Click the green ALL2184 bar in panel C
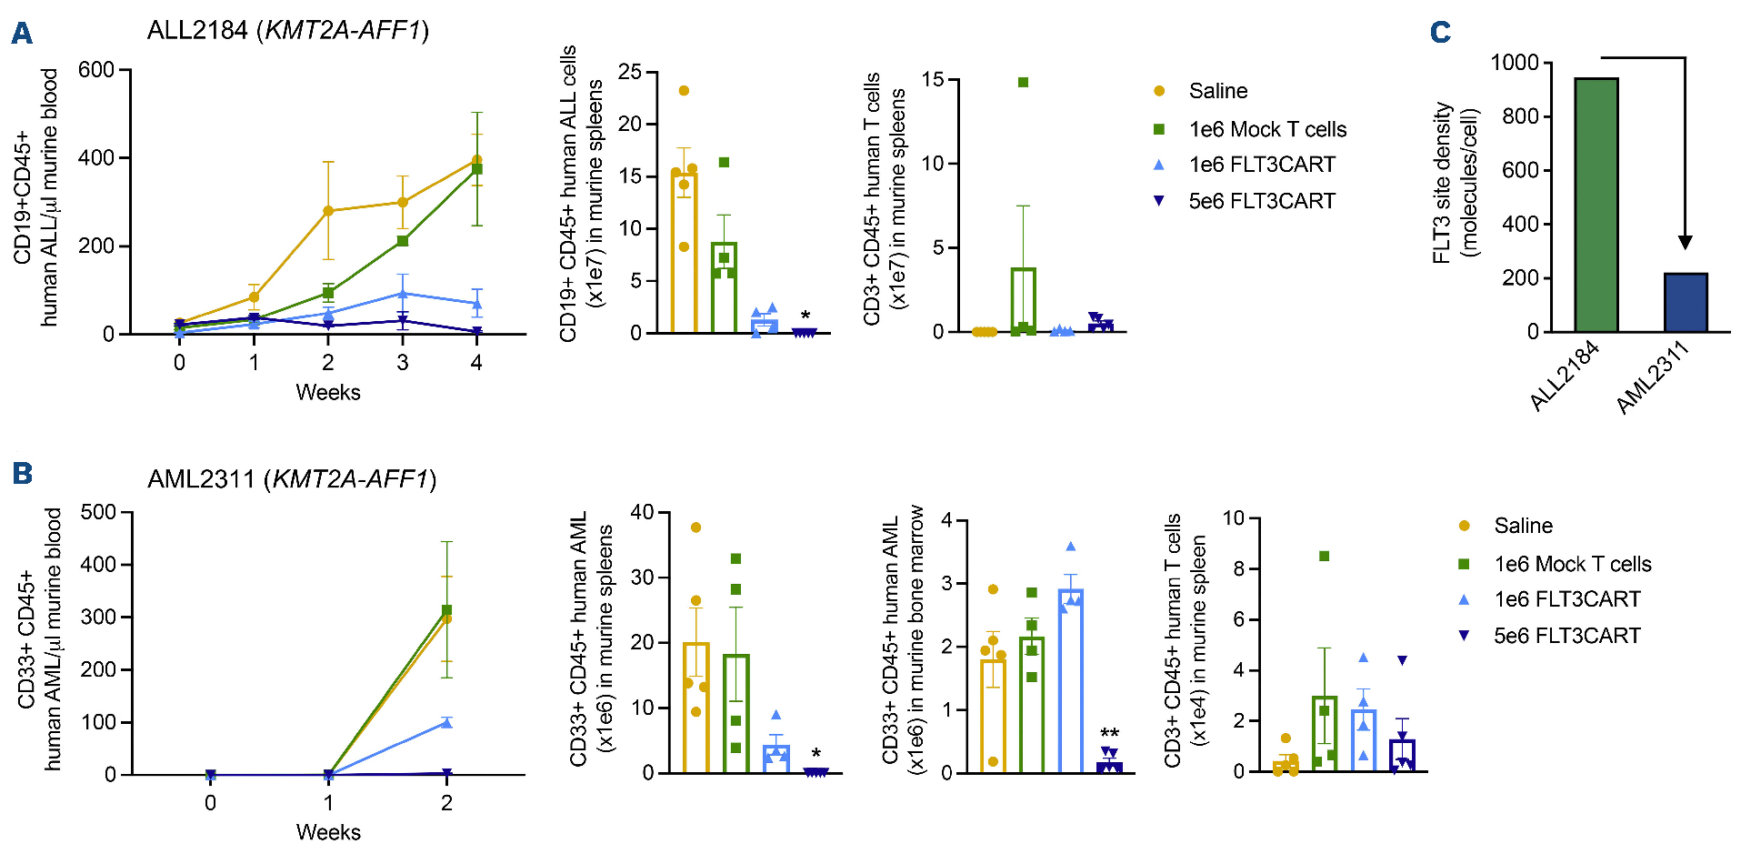point(1596,205)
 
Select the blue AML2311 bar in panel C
point(1686,302)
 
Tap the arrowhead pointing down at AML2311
point(1685,242)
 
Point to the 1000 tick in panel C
point(1515,63)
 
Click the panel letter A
point(22,34)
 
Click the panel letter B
point(22,473)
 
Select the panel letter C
point(1440,33)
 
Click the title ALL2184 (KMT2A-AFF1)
point(287,30)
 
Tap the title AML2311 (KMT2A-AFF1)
point(291,478)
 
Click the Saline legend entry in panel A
point(1217,91)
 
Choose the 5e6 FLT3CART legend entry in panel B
point(1566,636)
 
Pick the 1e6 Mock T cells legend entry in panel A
point(1266,129)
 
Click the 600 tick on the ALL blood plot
point(96,70)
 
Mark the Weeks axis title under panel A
point(327,392)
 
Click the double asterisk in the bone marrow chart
point(1109,733)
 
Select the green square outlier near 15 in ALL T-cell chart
point(1023,83)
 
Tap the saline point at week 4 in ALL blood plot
point(476,161)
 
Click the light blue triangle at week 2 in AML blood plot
point(446,722)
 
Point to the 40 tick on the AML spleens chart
point(642,512)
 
